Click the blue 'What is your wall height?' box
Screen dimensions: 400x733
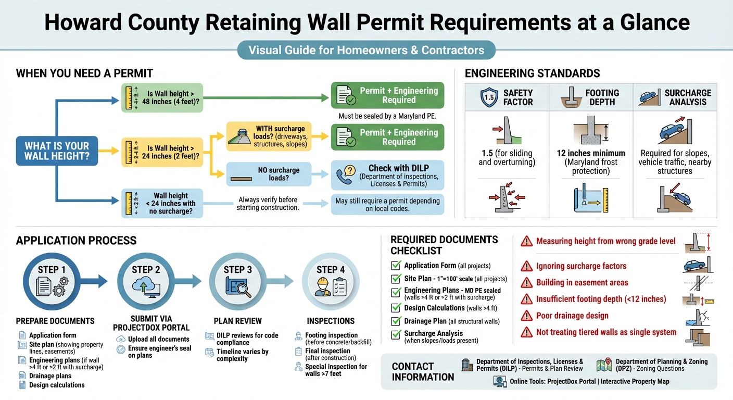57,151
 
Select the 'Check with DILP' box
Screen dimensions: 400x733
388,175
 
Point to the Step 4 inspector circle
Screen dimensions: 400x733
331,281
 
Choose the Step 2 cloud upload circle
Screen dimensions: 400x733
145,281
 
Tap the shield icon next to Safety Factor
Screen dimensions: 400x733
489,97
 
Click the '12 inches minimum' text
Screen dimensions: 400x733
590,153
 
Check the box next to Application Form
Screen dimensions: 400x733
396,266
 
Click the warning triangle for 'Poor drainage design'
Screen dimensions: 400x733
527,316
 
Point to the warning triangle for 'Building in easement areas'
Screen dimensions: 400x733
527,283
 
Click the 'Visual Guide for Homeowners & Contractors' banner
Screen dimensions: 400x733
366,51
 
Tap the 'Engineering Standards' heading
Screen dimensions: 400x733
532,73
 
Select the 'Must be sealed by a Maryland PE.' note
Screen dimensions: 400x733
387,116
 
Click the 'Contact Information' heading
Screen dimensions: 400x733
423,371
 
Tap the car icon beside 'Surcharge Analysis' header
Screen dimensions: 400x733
648,97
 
